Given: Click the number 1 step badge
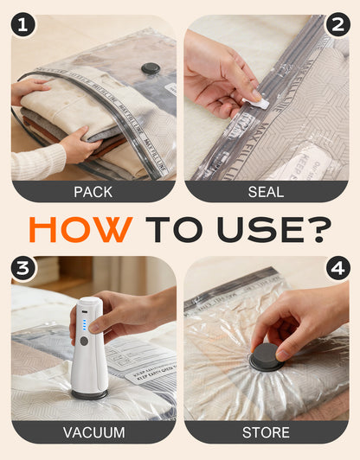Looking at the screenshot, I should (x=24, y=26).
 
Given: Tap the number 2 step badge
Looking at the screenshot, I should (x=337, y=26).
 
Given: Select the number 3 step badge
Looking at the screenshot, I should (x=24, y=269).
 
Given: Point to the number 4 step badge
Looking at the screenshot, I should (x=337, y=269).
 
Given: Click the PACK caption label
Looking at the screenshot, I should (x=93, y=191).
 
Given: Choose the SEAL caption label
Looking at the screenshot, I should (x=266, y=191).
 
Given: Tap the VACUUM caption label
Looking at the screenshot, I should (x=93, y=432).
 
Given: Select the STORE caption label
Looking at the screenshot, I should (x=266, y=432).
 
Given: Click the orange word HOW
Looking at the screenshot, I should (x=82, y=229).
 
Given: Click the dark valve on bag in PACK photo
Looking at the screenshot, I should (x=151, y=67).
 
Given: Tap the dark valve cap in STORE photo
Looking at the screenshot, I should (x=265, y=356).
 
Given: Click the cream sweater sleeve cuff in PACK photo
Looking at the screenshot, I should (x=43, y=159).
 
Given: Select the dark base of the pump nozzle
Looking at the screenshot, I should (x=89, y=393).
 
